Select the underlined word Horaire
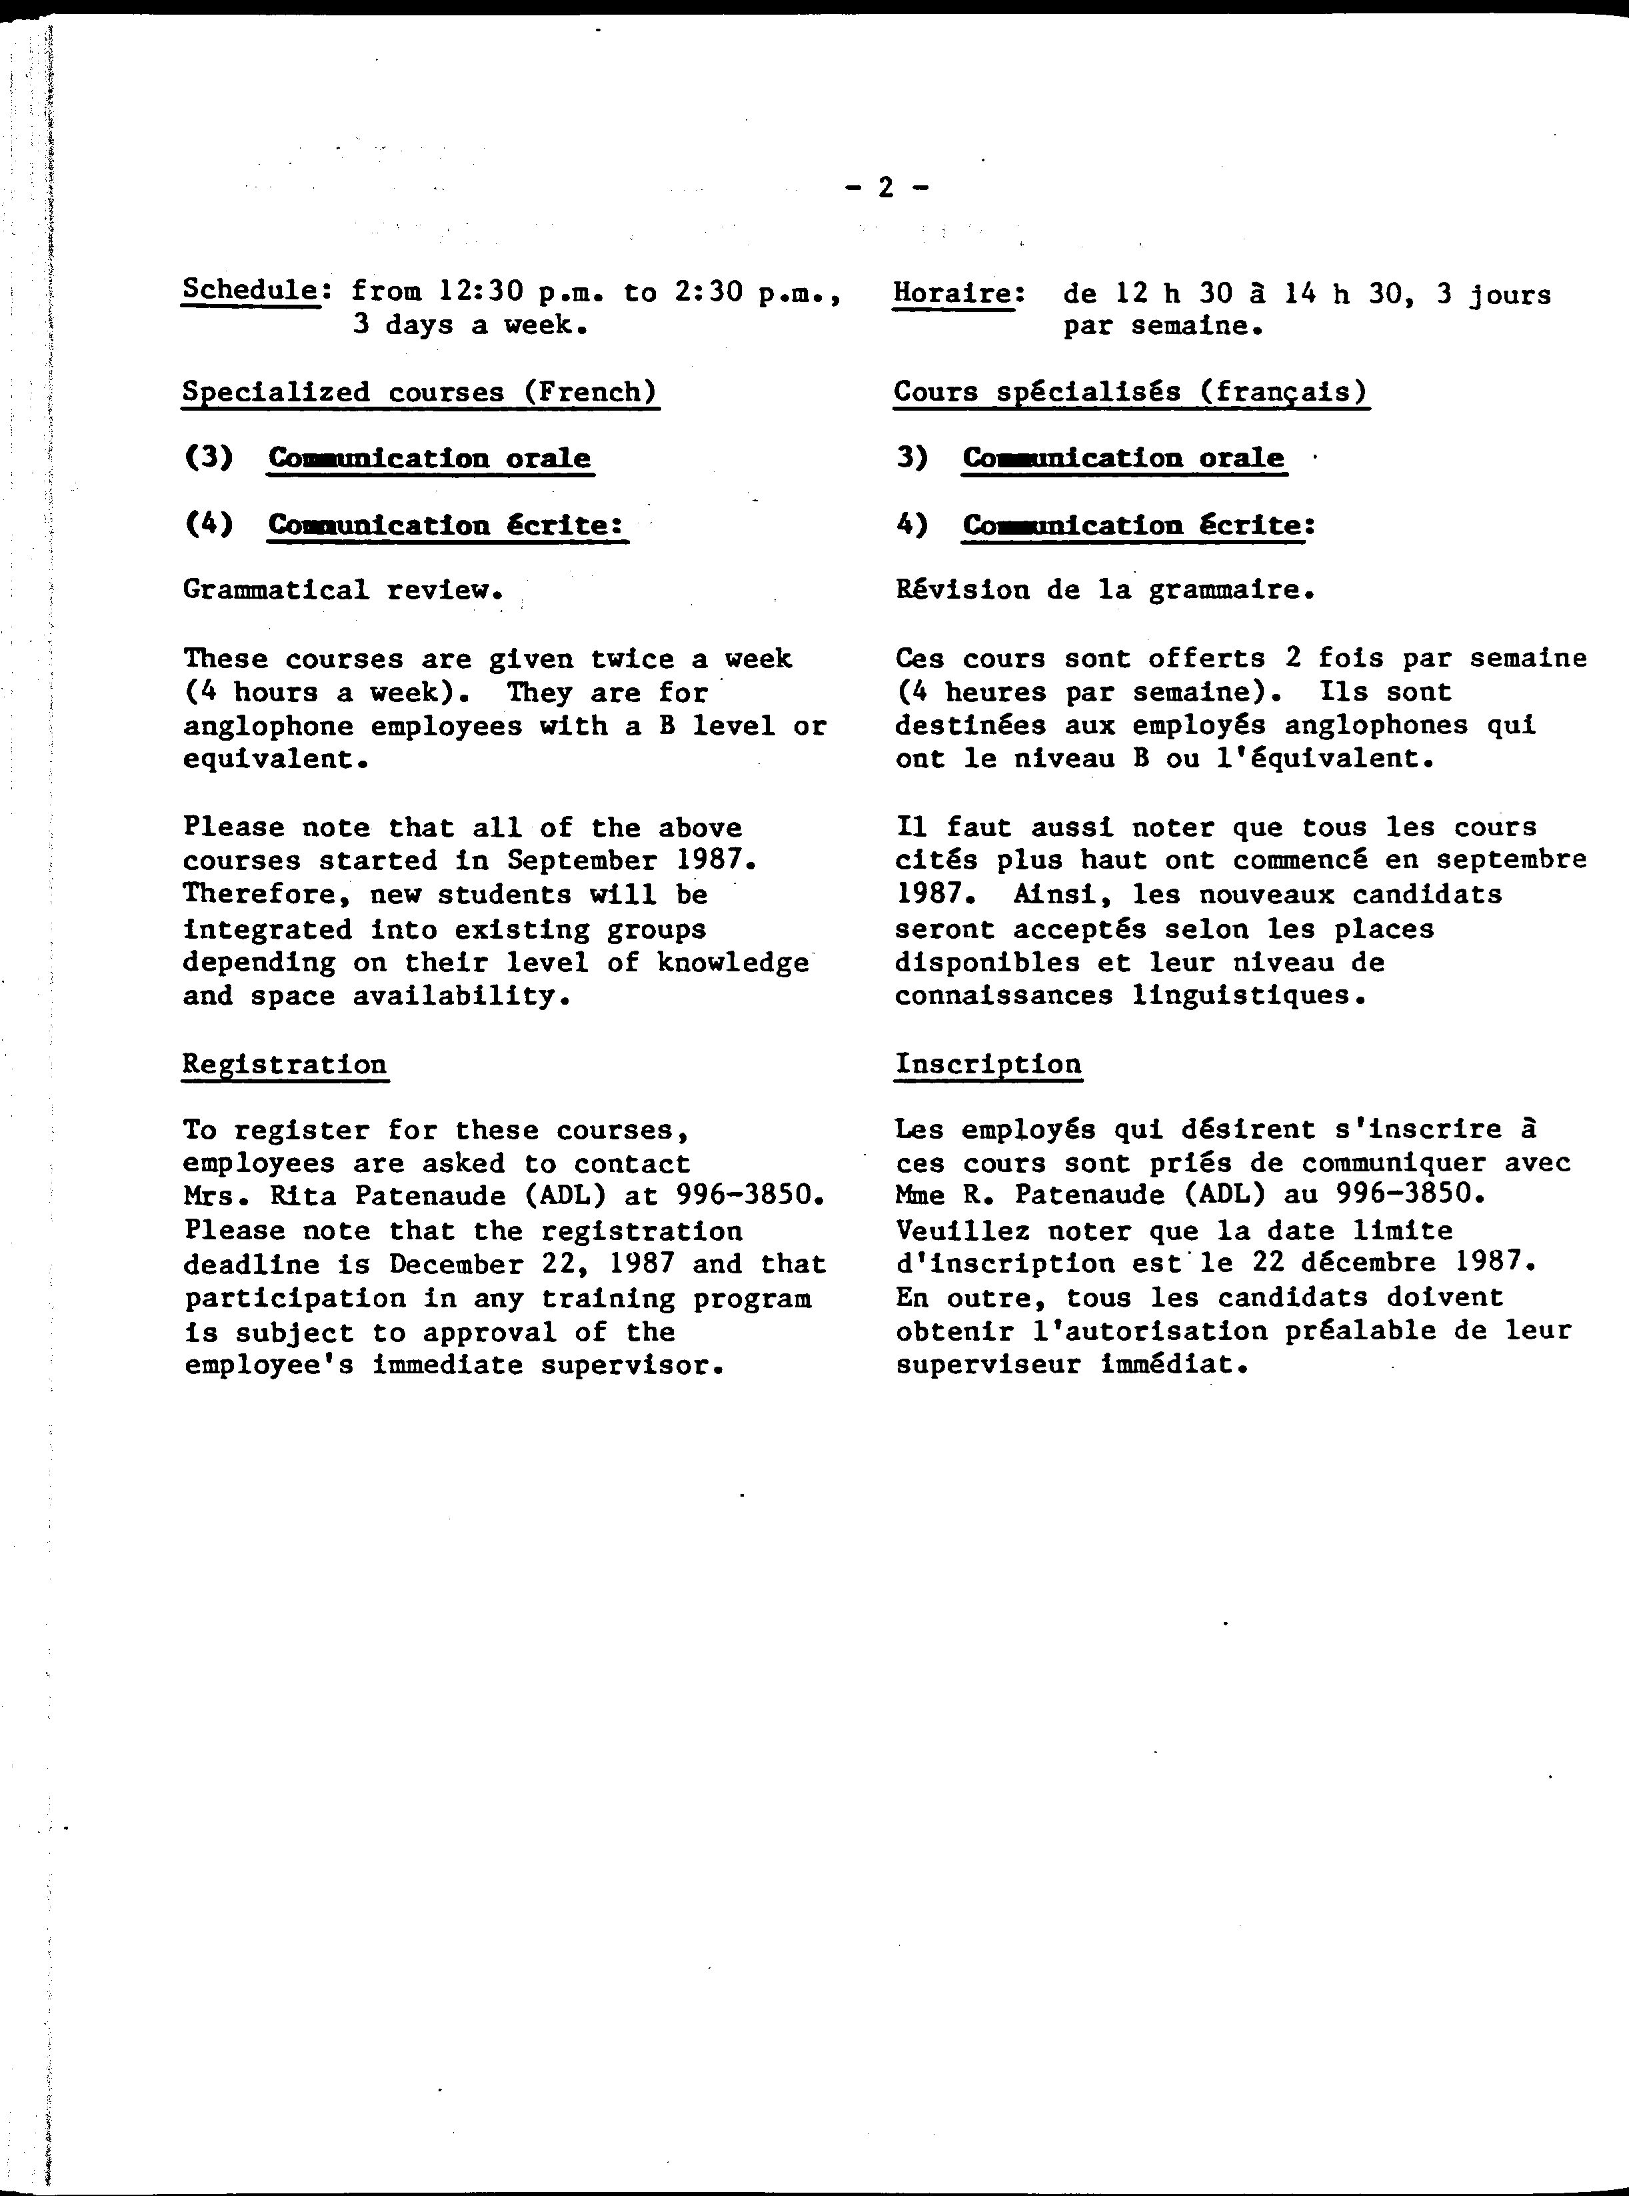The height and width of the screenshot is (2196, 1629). (952, 294)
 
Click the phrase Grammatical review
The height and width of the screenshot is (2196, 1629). (342, 591)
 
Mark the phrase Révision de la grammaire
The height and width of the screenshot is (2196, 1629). (1104, 591)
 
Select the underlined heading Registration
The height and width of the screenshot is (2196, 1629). (285, 1065)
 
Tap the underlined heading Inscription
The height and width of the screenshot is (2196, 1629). (988, 1065)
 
